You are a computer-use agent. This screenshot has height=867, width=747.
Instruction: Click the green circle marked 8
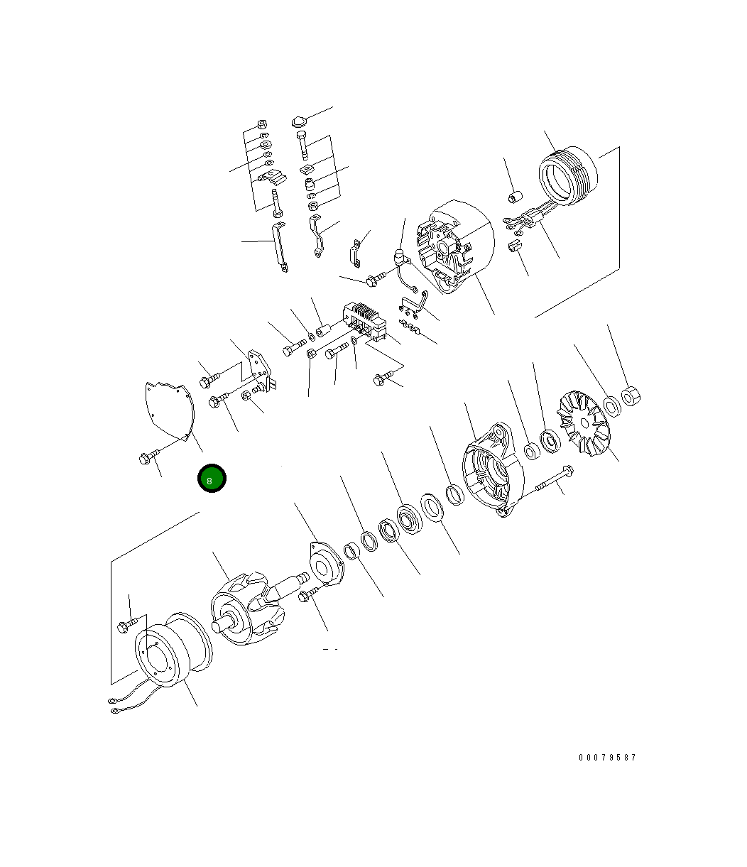tap(211, 479)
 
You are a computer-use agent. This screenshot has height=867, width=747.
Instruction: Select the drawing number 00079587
tap(606, 758)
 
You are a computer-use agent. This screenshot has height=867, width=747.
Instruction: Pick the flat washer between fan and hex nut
tap(611, 407)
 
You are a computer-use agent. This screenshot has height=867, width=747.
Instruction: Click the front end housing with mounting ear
tap(492, 472)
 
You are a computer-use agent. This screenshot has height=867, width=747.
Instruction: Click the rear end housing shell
tap(454, 245)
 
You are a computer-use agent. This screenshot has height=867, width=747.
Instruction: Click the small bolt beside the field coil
tap(125, 626)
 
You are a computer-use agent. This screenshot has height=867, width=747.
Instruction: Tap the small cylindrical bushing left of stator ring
tap(517, 195)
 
